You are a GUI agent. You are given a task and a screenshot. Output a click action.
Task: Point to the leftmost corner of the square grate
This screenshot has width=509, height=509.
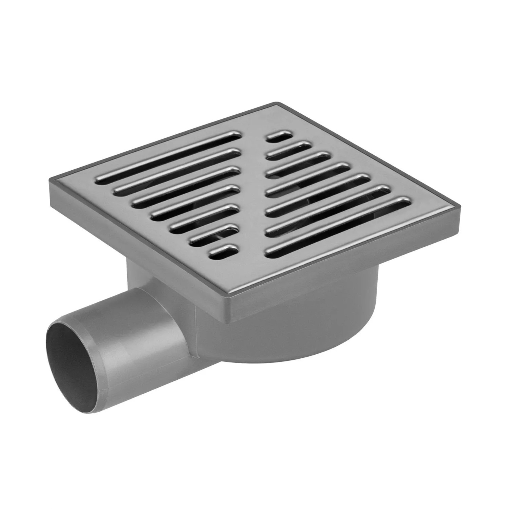(x=51, y=180)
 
